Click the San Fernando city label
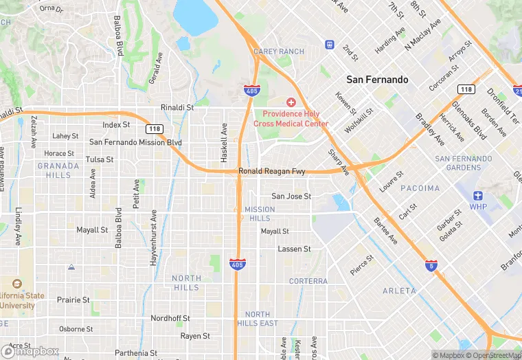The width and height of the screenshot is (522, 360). coord(377,80)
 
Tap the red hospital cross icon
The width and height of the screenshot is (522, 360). coord(291,102)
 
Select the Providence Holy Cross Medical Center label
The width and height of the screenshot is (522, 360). coord(291,119)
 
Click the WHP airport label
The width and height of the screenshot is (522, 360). coord(478,206)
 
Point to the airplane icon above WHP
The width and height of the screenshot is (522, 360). coord(478,194)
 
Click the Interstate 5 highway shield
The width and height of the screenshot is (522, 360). coord(431,265)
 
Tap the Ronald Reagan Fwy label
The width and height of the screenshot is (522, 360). coord(271,171)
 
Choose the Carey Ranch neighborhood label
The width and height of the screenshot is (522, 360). coord(278,52)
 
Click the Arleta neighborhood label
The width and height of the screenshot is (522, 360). coord(399,291)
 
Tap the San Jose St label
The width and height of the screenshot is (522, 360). coord(291,196)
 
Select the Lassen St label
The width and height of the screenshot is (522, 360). coord(294,249)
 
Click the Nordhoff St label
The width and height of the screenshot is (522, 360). coord(170,319)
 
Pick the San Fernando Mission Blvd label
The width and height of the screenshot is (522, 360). coord(135,142)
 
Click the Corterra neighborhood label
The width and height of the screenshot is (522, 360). coord(308,281)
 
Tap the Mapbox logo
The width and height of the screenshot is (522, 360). coord(30,351)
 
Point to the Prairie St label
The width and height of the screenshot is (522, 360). coord(73,300)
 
